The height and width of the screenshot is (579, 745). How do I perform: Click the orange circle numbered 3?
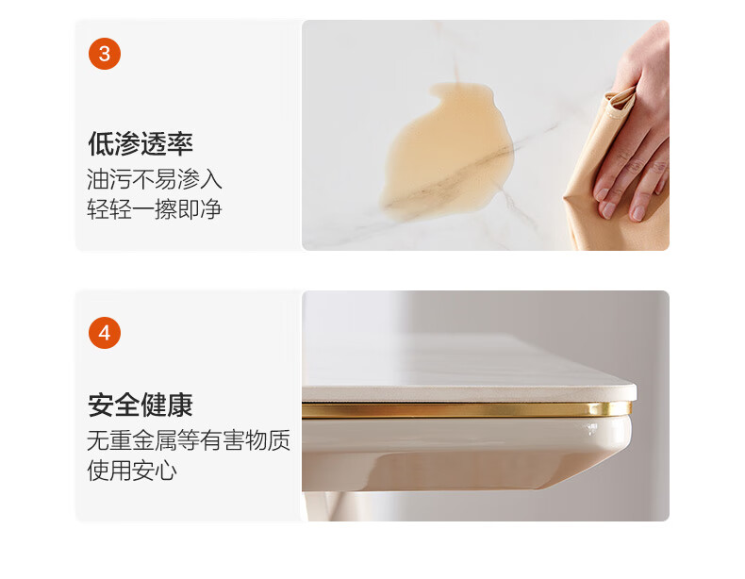[x=105, y=54]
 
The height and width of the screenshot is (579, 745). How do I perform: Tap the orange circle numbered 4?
[x=105, y=333]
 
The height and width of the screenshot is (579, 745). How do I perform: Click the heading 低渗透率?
[x=141, y=143]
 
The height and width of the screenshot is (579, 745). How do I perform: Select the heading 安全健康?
[x=141, y=405]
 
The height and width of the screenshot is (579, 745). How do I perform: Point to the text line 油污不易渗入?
[x=155, y=179]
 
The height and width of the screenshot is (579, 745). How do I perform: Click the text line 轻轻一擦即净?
[x=155, y=209]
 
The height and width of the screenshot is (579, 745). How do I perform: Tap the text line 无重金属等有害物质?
[x=189, y=440]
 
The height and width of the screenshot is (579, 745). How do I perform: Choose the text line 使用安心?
[x=132, y=471]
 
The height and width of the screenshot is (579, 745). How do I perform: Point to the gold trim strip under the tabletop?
[x=467, y=410]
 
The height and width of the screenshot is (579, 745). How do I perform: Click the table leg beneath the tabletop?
[x=328, y=506]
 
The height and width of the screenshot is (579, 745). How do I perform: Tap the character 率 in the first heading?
[x=180, y=143]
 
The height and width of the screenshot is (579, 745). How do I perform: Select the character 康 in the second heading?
[x=180, y=405]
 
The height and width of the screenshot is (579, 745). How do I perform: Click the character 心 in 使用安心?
[x=166, y=471]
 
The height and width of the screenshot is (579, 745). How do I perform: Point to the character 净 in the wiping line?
[x=211, y=209]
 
